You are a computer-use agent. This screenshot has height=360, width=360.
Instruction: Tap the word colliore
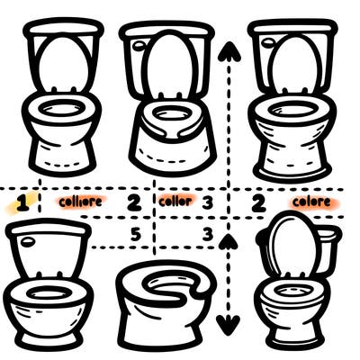click(79, 202)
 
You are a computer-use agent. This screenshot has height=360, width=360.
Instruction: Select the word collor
click(175, 202)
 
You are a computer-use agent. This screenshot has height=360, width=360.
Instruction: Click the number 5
click(136, 234)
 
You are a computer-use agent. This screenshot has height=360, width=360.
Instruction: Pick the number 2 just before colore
click(258, 202)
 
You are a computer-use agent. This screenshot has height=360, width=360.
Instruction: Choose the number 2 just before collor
click(134, 202)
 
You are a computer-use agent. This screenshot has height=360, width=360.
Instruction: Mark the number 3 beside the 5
click(206, 235)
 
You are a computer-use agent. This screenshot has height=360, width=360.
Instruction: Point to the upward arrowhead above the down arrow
click(230, 238)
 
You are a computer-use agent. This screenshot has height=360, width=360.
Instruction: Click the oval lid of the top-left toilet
click(62, 63)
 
